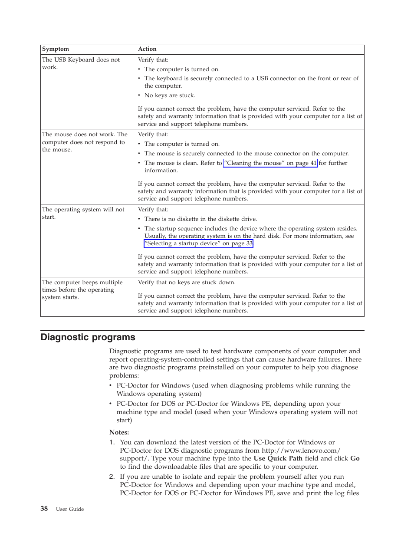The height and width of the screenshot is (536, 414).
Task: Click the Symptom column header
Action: tap(56, 49)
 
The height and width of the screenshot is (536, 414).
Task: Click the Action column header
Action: tap(147, 49)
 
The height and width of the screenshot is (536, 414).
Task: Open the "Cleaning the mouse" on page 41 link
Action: tap(270, 163)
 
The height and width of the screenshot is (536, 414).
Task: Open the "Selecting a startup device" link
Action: tap(198, 243)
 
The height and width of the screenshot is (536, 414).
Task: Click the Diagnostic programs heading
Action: tap(88, 337)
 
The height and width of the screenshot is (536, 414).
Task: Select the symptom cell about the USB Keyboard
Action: tap(81, 63)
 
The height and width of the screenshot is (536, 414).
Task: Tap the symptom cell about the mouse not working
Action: tap(85, 142)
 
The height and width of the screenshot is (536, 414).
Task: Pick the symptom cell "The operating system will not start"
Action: tap(83, 213)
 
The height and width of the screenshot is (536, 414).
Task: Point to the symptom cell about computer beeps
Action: tap(82, 289)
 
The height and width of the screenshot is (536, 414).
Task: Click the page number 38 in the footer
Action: tap(44, 509)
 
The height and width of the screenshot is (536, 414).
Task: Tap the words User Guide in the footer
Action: tap(70, 509)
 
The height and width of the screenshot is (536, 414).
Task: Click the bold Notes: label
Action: tap(119, 432)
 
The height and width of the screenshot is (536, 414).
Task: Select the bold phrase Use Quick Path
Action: tap(278, 458)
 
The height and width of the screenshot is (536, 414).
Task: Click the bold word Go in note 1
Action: tap(355, 458)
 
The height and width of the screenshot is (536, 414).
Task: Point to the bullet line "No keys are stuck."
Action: tap(170, 95)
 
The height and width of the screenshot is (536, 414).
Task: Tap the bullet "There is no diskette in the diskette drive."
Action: tap(200, 219)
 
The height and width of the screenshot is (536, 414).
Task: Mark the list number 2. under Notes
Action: tap(112, 477)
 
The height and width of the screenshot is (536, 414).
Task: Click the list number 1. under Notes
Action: tap(112, 442)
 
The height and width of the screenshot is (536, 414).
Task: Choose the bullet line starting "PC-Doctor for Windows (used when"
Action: tap(233, 385)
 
